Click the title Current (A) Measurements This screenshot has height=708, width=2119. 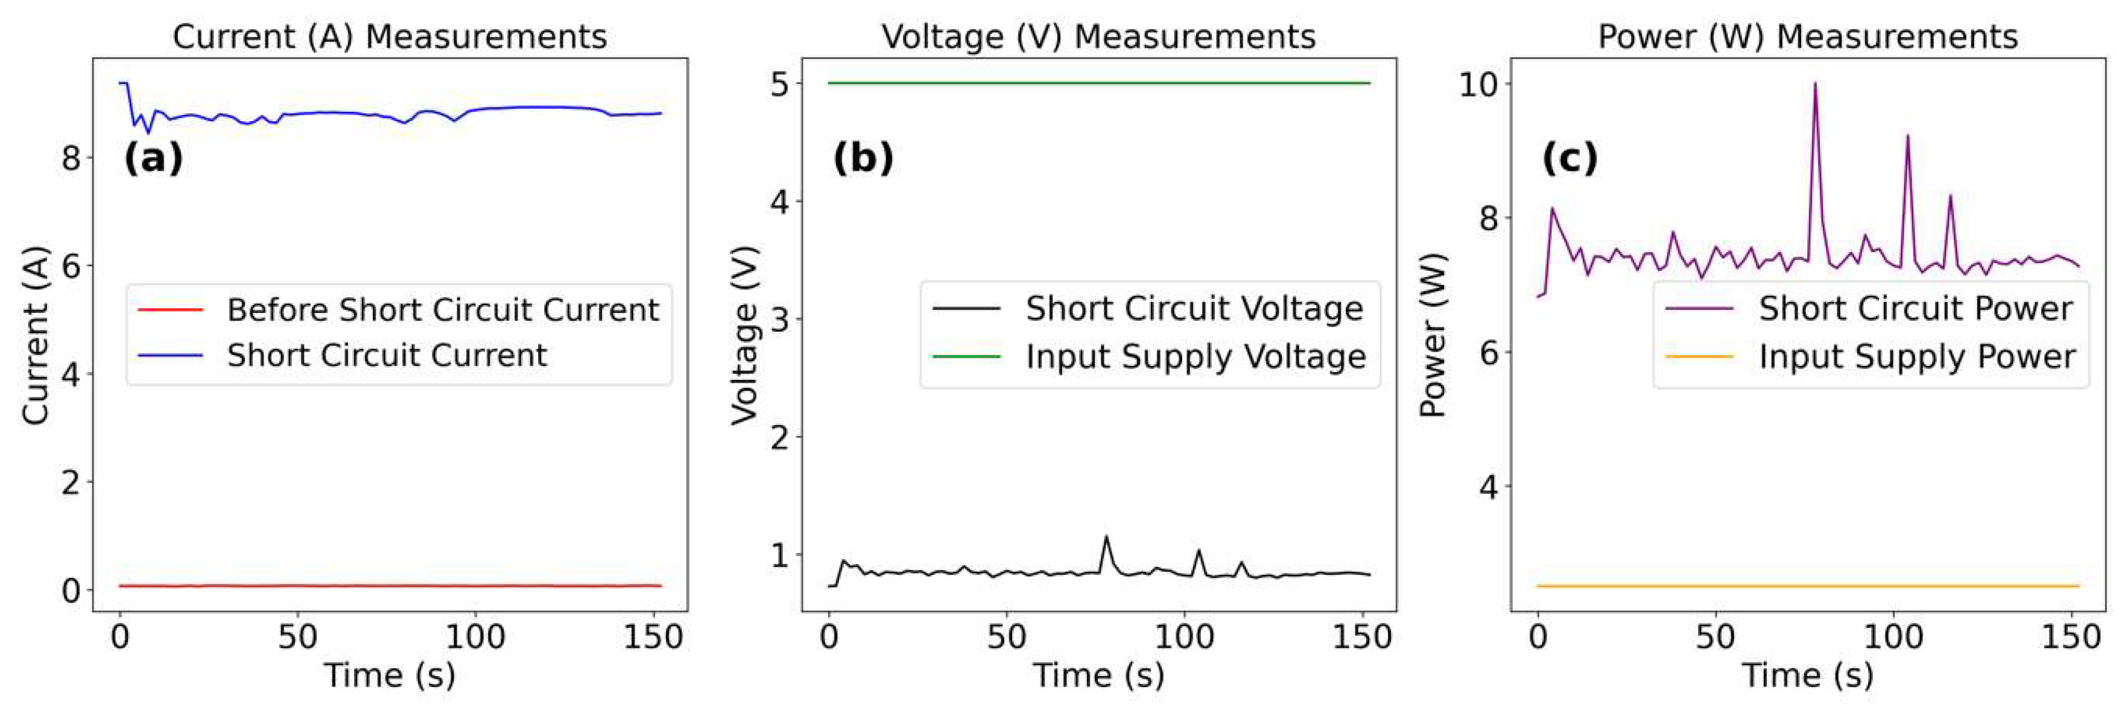pyautogui.click(x=389, y=36)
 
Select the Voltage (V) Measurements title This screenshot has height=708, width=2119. pyautogui.click(x=1098, y=36)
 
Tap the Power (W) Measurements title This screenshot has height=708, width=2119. pyautogui.click(x=1807, y=36)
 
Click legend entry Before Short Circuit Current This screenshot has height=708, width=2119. pyautogui.click(x=443, y=310)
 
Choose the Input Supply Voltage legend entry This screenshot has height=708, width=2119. pyautogui.click(x=1196, y=356)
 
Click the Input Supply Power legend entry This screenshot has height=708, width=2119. pyautogui.click(x=1917, y=356)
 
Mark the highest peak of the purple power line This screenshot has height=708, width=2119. pyautogui.click(x=1814, y=83)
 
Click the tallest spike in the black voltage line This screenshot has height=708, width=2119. pyautogui.click(x=1106, y=536)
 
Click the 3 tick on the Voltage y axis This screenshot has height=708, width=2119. pyautogui.click(x=780, y=319)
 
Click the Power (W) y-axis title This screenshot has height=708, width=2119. pyautogui.click(x=1433, y=335)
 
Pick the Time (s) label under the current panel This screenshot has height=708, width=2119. pyautogui.click(x=389, y=675)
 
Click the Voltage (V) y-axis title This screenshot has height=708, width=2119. pyautogui.click(x=744, y=335)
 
